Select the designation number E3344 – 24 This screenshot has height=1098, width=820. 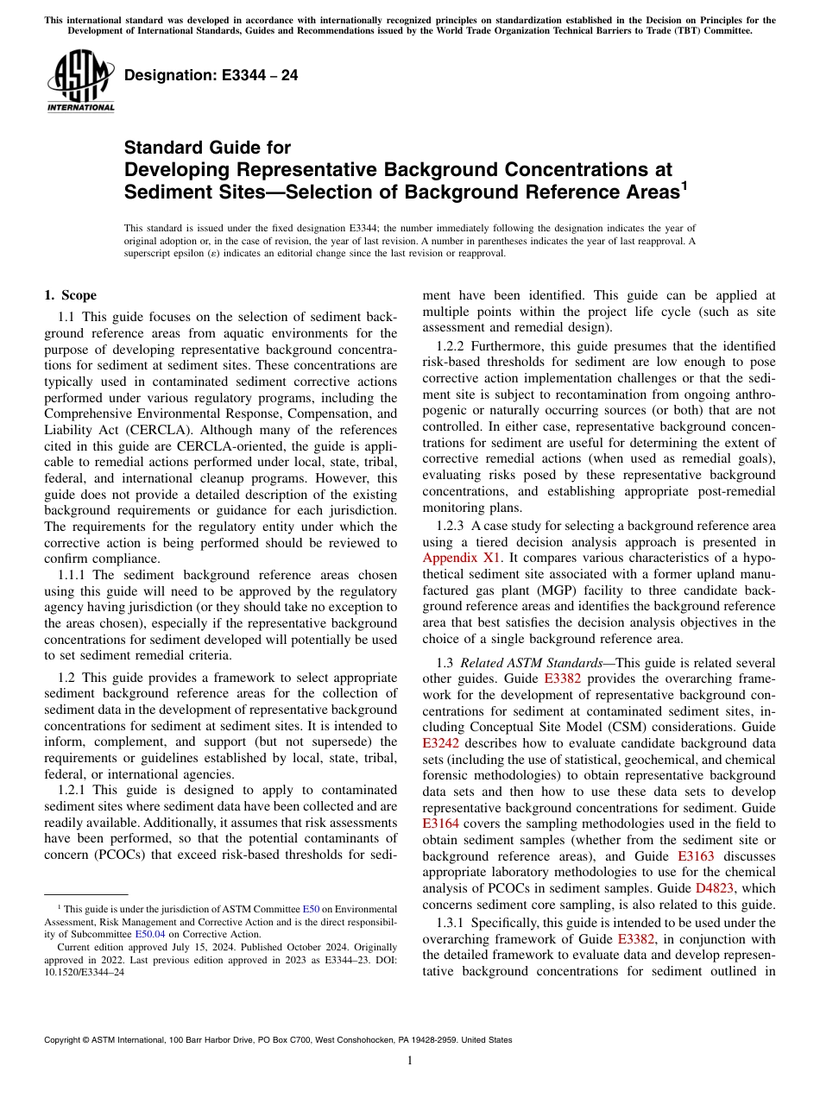coord(211,75)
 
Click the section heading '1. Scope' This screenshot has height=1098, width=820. coord(71,295)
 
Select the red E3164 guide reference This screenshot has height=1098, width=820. coord(441,824)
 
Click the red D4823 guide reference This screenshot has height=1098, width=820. coord(716,888)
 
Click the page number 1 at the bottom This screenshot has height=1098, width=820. coord(409,1061)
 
